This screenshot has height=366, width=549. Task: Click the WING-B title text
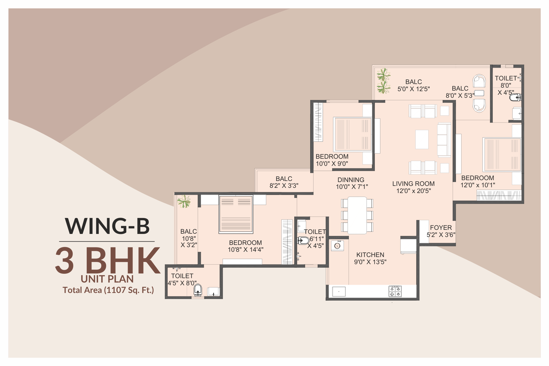107,226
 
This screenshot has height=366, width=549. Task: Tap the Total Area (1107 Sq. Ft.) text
108,290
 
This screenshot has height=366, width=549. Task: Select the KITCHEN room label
370,255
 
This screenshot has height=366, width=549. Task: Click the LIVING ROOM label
413,184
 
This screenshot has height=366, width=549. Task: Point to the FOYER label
441,228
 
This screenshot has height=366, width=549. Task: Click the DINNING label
351,180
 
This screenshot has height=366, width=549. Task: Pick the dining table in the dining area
357,215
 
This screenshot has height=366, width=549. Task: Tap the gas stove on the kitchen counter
395,291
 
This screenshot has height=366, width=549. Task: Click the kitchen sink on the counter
339,291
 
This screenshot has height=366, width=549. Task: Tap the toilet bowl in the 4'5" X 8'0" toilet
198,290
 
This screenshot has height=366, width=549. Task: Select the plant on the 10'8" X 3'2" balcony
184,202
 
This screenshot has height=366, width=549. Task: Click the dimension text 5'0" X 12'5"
413,89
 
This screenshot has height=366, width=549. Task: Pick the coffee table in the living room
422,139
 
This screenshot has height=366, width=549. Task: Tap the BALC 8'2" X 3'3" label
284,182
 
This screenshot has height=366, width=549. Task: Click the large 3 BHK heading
108,260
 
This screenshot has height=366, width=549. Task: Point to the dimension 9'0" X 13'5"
370,262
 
